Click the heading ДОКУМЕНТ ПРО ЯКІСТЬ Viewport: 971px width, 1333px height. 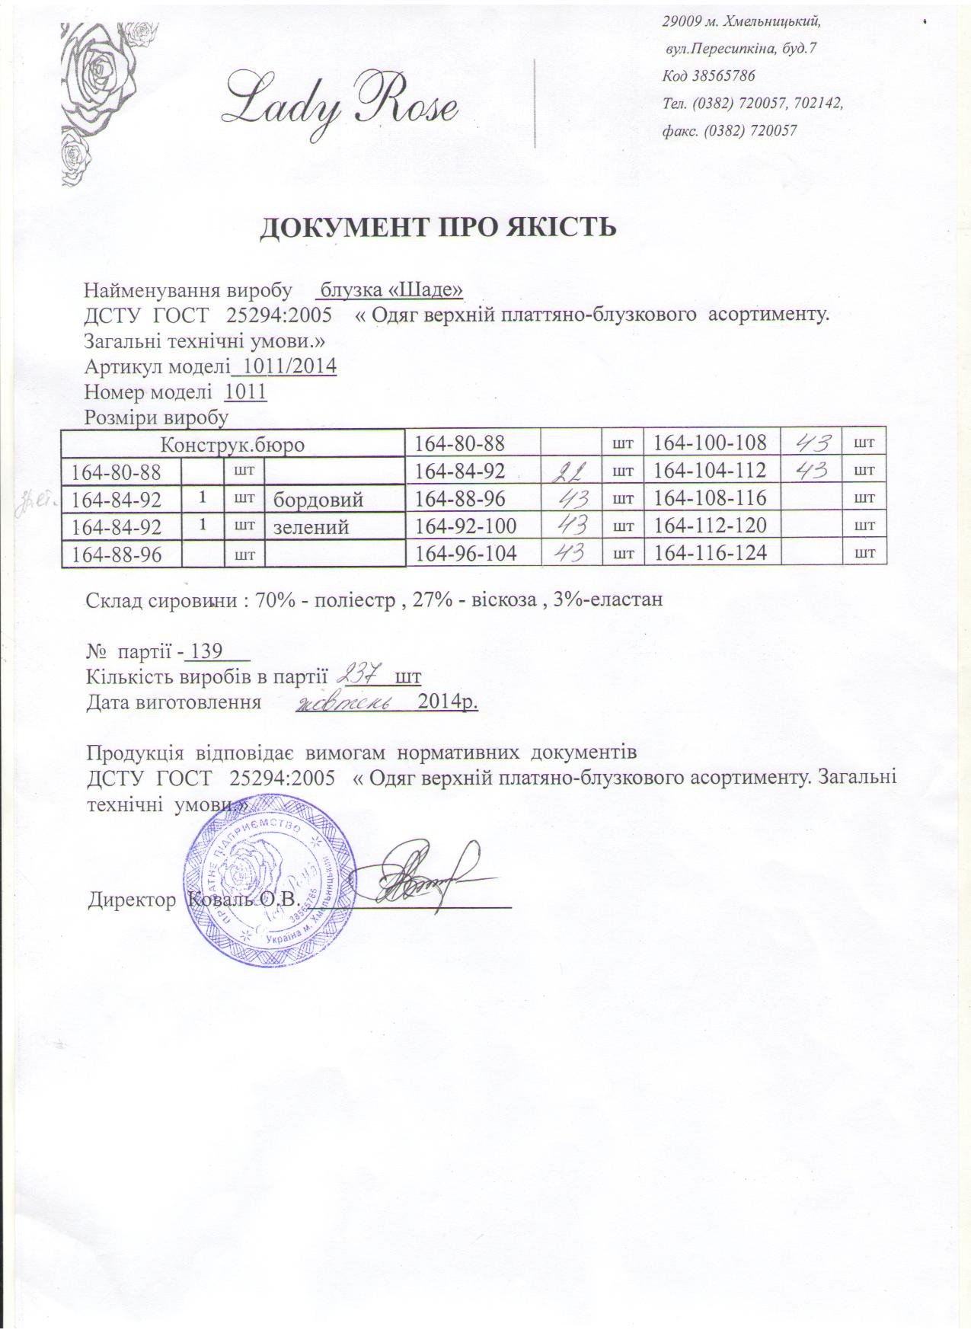(x=438, y=228)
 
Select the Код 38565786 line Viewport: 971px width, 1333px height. (x=709, y=75)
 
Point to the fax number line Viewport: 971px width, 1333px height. (x=730, y=130)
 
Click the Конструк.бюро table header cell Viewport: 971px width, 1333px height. (x=232, y=444)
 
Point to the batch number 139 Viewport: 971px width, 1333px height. (x=206, y=652)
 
